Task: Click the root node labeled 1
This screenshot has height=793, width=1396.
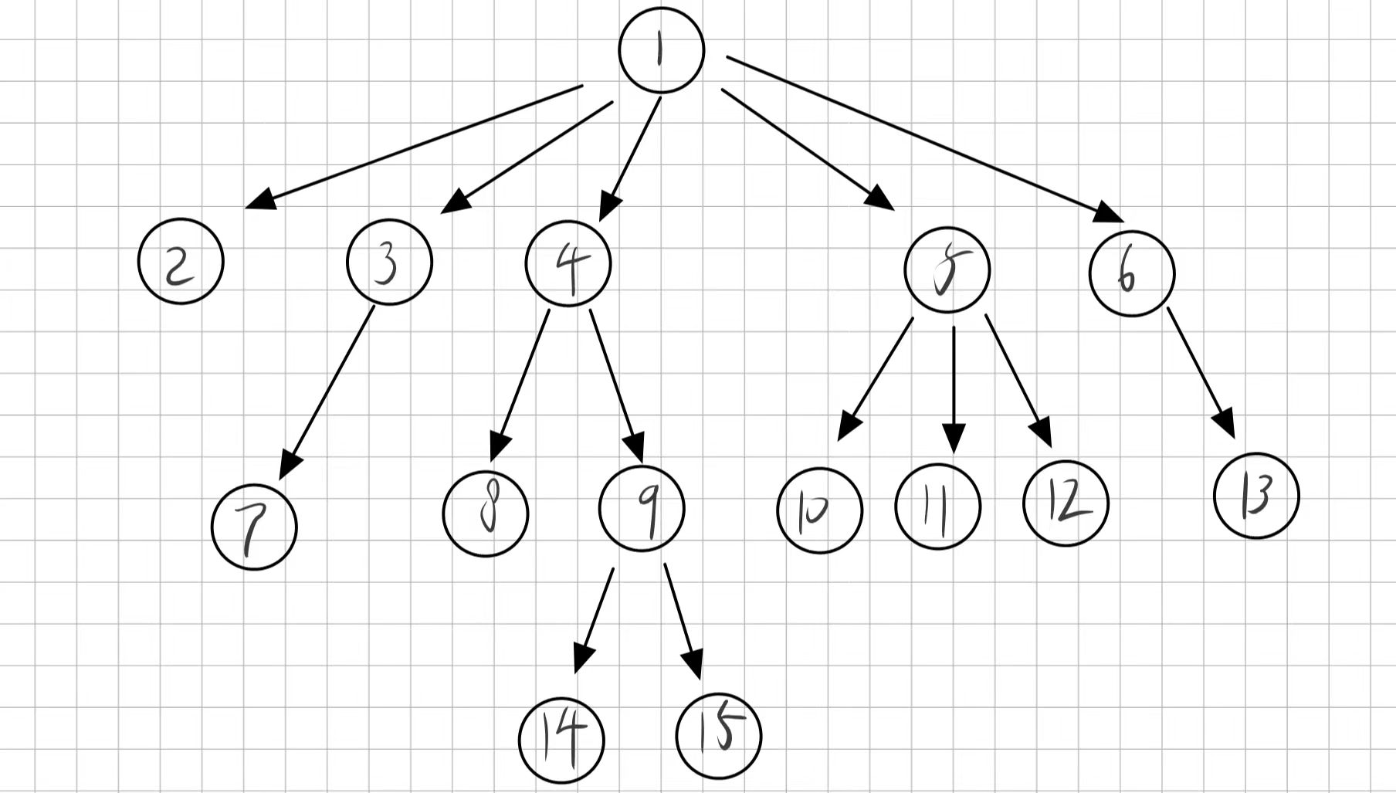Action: tap(662, 50)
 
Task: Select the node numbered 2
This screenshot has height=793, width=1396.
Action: tap(181, 262)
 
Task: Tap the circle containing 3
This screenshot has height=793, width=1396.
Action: tap(389, 263)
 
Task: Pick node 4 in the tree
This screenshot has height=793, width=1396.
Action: tap(568, 264)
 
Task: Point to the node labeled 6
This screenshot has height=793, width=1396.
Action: tap(1132, 273)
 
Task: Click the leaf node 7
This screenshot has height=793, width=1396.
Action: tap(254, 527)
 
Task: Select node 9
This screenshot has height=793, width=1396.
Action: tap(642, 509)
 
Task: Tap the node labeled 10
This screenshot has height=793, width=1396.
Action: tap(819, 510)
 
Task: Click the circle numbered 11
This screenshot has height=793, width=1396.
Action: tap(938, 507)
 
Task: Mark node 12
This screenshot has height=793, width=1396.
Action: tap(1066, 503)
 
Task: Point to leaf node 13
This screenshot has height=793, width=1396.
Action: tap(1256, 496)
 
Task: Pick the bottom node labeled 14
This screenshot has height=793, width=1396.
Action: tap(561, 740)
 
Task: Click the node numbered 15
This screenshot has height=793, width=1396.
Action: tap(718, 735)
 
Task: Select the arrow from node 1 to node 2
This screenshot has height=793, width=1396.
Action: tap(414, 147)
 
